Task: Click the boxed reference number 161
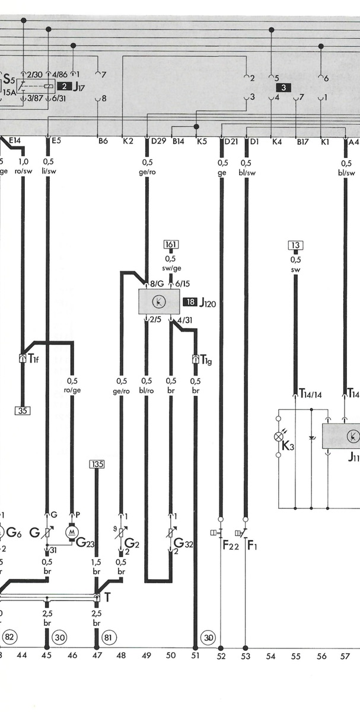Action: pos(171,244)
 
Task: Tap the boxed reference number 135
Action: pos(97,465)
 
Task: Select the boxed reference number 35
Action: pos(23,411)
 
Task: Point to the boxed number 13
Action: pos(295,246)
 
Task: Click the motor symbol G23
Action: pos(72,532)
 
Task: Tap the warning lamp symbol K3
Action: pos(279,437)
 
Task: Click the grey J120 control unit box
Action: pos(159,301)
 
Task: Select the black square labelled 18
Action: pos(190,302)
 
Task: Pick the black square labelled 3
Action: pos(283,88)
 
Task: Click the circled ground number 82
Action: pos(9,637)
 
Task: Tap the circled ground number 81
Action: pos(109,637)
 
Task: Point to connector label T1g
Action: pos(206,360)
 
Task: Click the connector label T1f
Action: pos(33,358)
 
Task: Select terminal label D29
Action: pos(158,141)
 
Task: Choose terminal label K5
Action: pos(202,141)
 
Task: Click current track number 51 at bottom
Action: pos(195,655)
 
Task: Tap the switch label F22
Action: pos(231,545)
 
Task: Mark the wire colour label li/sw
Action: pos(49,171)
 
